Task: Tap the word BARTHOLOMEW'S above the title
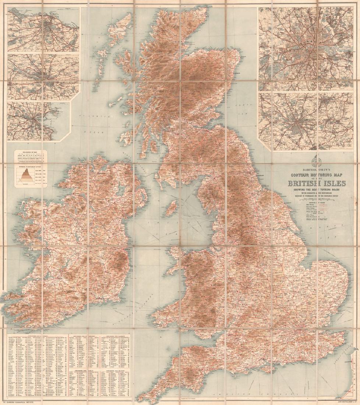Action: (307, 169)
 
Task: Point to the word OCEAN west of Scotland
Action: (99, 131)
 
